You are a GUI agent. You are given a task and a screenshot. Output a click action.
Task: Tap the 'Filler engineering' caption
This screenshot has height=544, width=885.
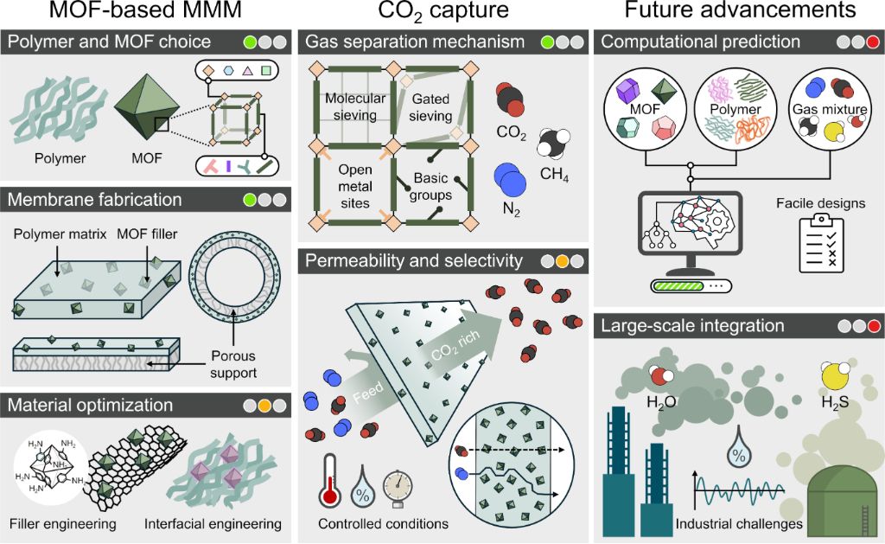pyautogui.click(x=63, y=523)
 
